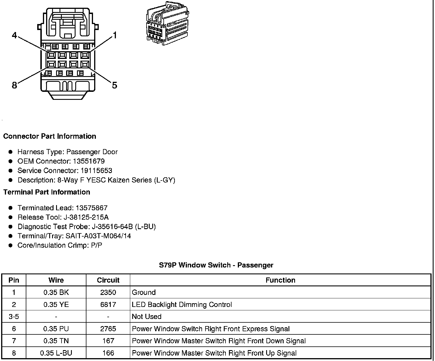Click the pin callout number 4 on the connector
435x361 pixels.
14,35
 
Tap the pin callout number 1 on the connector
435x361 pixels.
115,35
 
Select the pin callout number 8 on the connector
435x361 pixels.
14,85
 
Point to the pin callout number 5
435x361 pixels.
114,85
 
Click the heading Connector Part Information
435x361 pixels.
50,136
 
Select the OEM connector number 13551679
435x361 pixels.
89,161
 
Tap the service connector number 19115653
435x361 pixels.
96,170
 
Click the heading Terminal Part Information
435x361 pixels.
47,192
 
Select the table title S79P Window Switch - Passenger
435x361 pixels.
216,265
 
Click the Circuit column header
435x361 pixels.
108,280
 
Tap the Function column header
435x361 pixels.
280,280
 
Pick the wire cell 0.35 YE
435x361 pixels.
56,305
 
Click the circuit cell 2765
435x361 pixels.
108,329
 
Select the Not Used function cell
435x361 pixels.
147,317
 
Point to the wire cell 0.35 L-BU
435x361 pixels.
56,353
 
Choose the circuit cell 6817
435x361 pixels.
108,305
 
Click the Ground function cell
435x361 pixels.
144,292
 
